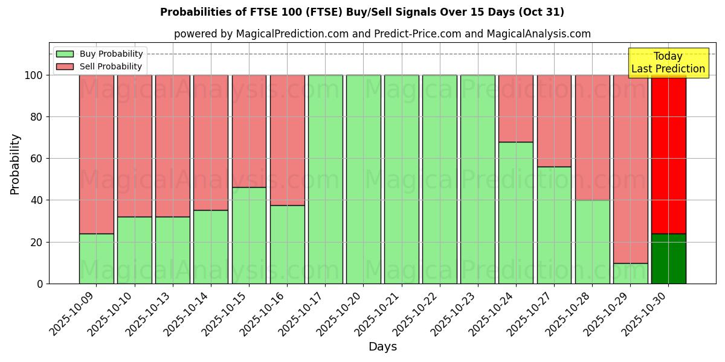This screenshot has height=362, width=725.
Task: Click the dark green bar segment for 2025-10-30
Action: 668,258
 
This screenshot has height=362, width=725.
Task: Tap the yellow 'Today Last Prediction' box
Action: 668,63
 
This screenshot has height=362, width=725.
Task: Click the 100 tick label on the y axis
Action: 33,75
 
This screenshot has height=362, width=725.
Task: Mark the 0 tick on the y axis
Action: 40,284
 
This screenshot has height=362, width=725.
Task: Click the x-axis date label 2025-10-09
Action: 72,311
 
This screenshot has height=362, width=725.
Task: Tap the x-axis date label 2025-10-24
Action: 492,311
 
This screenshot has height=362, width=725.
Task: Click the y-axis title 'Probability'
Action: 15,164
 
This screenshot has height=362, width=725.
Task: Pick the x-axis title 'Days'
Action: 382,347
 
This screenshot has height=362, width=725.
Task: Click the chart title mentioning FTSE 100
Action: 362,12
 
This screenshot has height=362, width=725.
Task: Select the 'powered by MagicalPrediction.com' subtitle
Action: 382,34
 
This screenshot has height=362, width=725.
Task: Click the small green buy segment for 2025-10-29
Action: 630,273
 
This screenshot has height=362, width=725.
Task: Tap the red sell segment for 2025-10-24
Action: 516,109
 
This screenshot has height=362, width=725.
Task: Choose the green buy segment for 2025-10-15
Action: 249,235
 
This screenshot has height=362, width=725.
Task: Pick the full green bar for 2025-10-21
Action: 401,179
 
